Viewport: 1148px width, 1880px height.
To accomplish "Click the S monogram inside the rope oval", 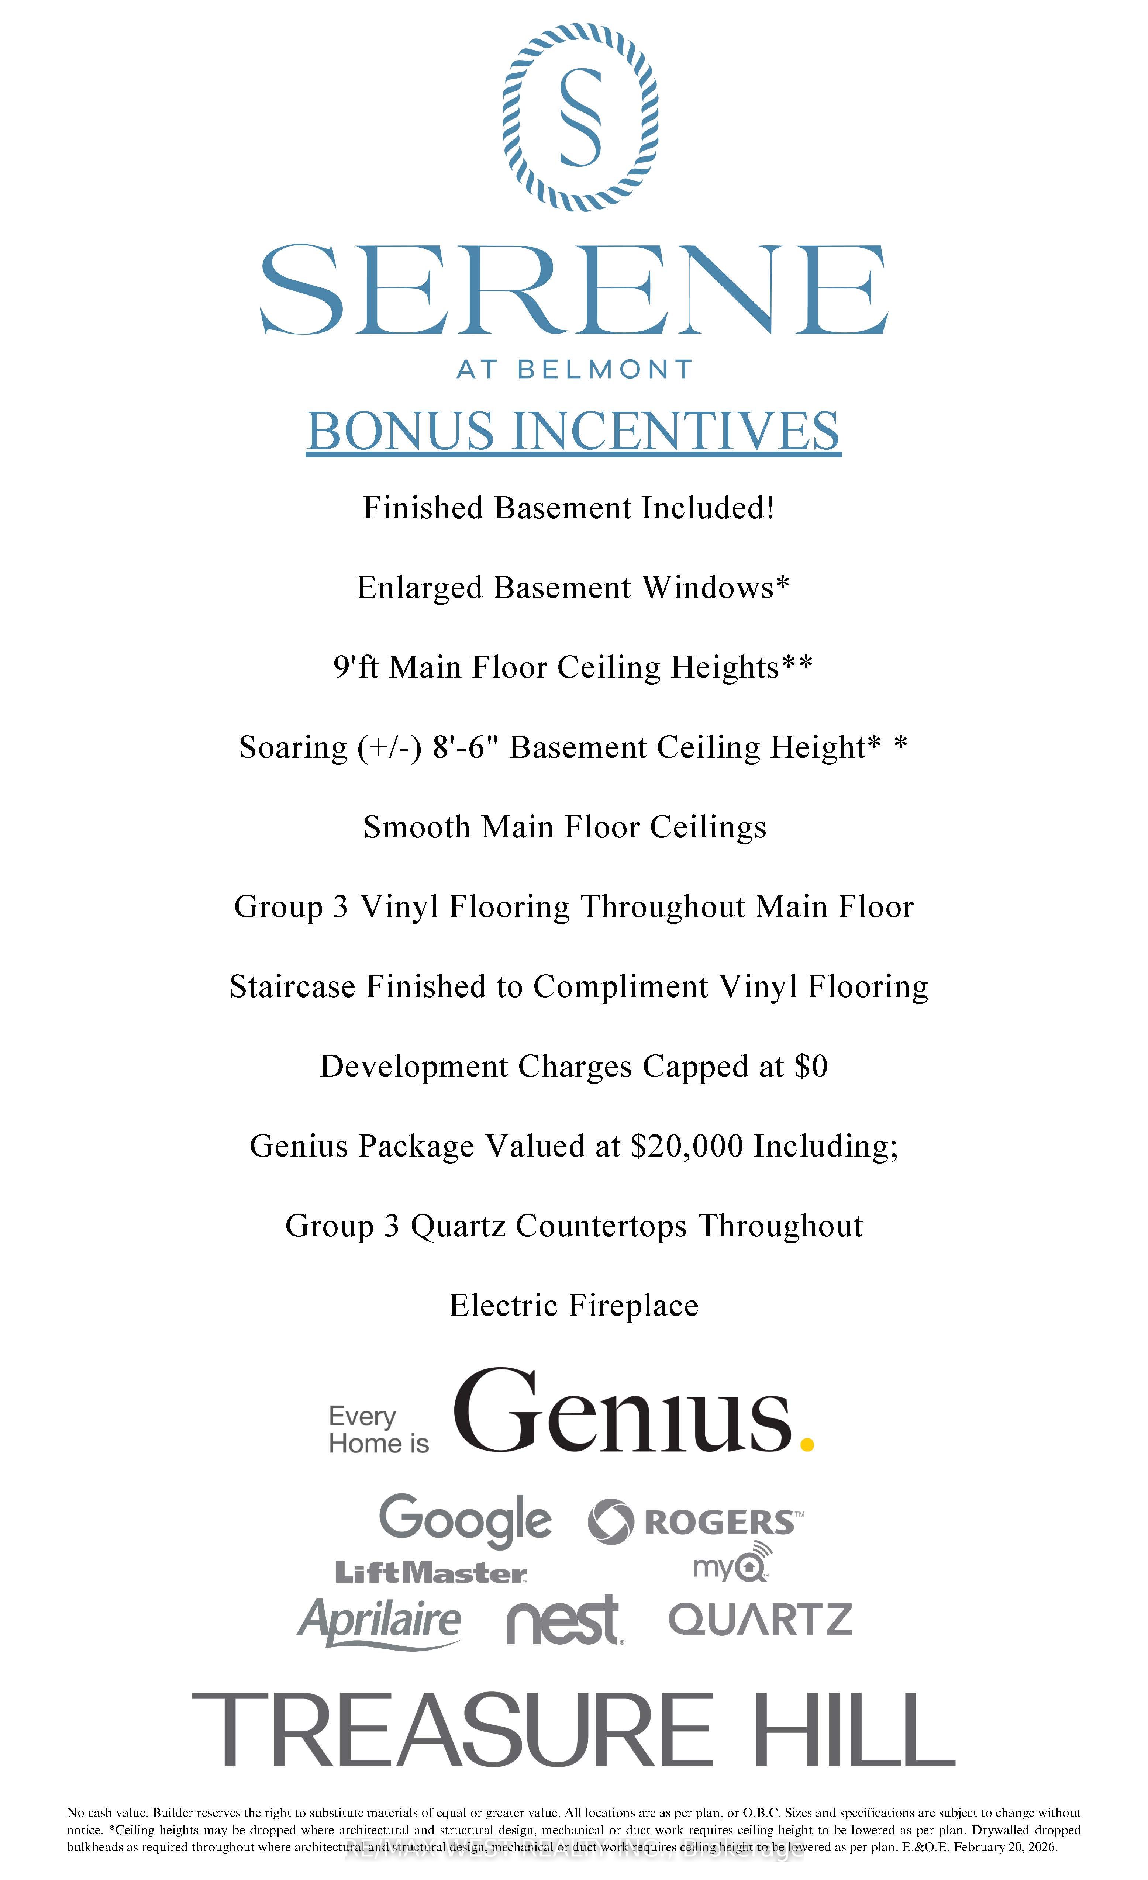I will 580,117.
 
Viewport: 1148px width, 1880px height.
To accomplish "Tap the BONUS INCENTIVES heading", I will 573,431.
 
